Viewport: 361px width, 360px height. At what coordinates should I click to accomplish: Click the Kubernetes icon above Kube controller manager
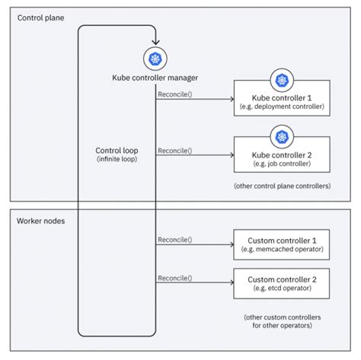click(x=155, y=59)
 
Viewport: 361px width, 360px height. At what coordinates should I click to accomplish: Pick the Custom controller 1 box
click(x=281, y=245)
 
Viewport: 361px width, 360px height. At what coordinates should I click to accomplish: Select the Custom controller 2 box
click(x=281, y=284)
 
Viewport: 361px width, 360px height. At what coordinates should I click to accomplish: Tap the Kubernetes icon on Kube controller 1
click(x=281, y=79)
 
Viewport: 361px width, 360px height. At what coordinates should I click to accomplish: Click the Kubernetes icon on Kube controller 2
click(x=281, y=135)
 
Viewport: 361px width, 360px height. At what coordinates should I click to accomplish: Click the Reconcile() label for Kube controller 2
click(x=175, y=150)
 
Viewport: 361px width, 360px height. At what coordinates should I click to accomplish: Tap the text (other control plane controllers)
click(x=281, y=186)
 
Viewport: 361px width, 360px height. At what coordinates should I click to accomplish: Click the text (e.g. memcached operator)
click(x=281, y=250)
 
